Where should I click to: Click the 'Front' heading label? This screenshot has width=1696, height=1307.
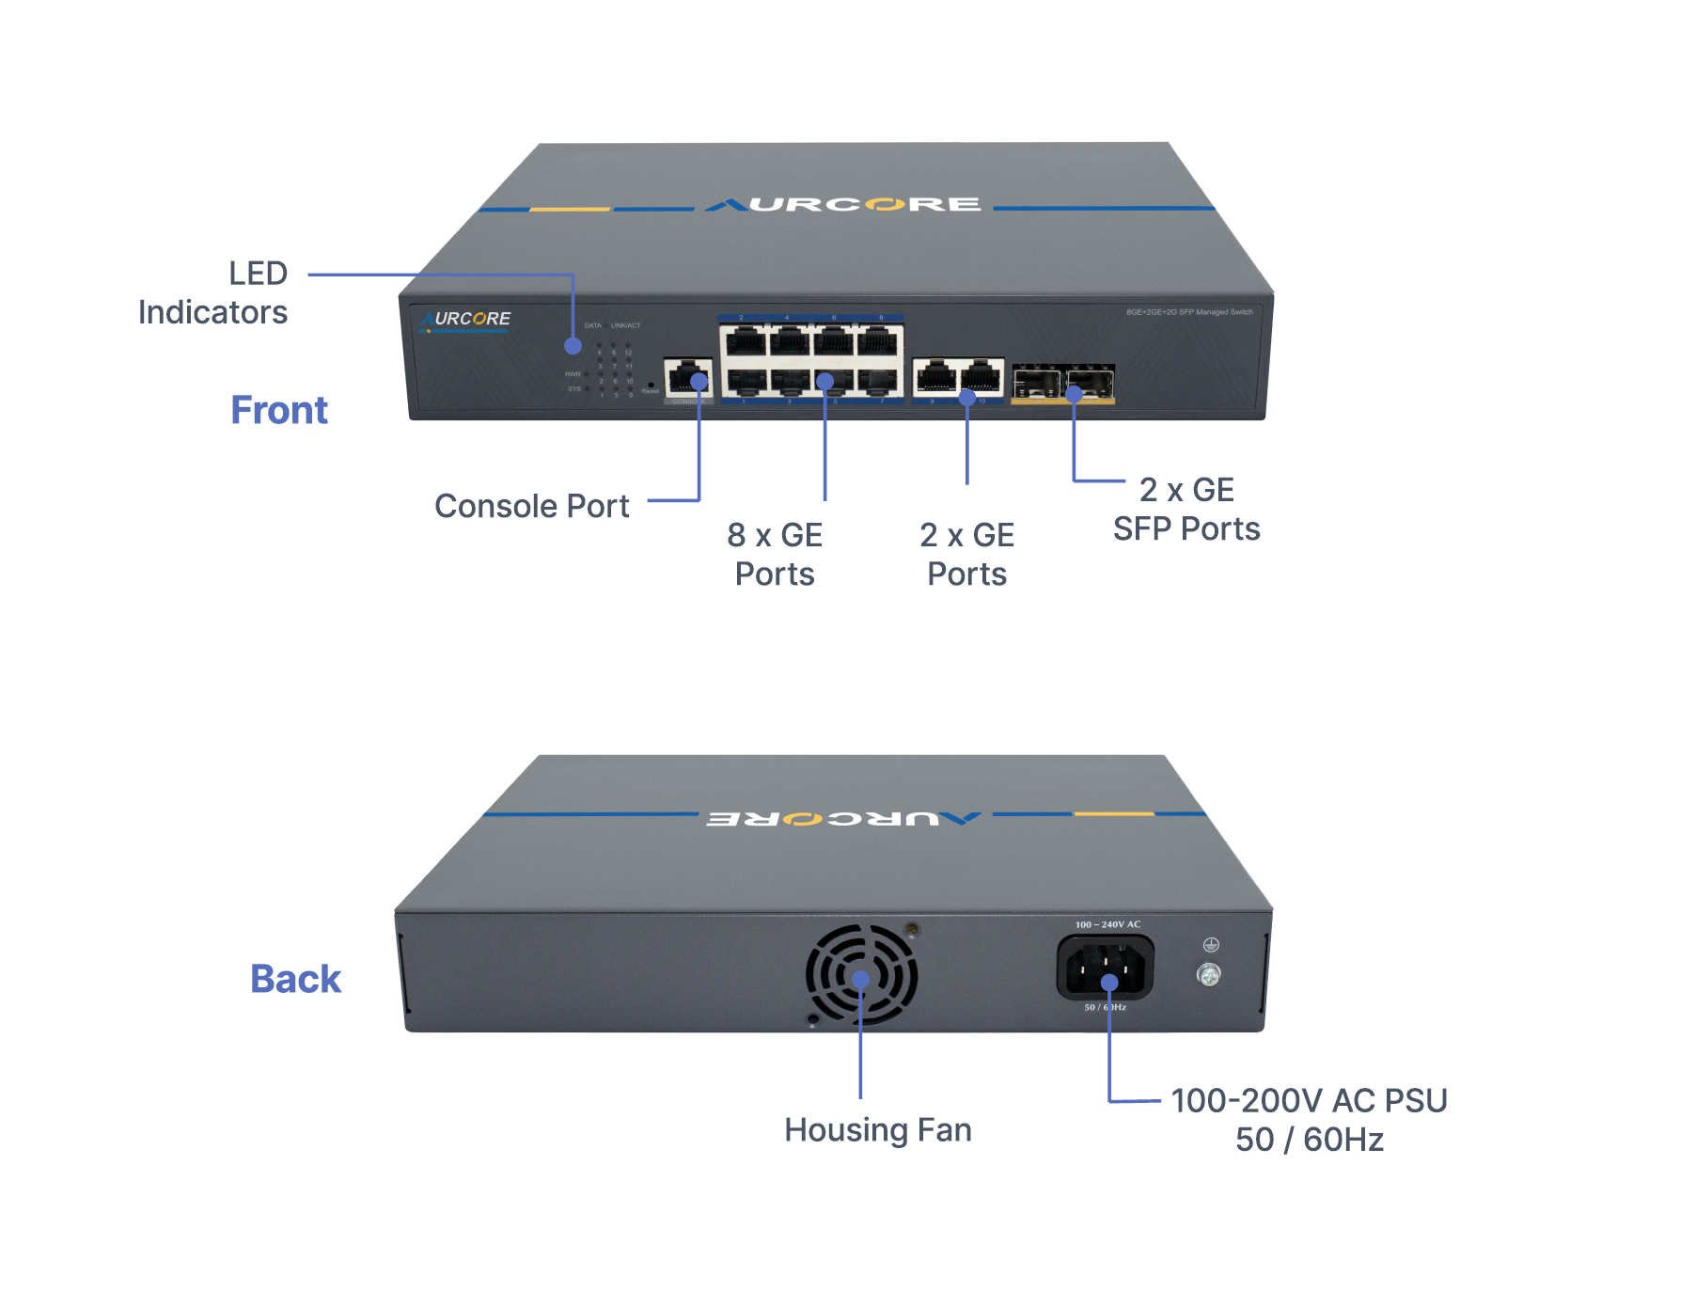pos(279,410)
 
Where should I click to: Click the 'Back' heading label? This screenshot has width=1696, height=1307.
pos(295,979)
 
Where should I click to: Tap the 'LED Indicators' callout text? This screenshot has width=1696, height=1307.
pos(212,292)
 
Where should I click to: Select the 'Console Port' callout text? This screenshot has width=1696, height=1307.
pos(531,506)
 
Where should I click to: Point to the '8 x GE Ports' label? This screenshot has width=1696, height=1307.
pos(775,554)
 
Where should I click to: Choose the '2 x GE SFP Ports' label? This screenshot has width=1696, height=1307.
pos(1186,509)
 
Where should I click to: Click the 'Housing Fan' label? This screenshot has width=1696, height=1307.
pos(877,1129)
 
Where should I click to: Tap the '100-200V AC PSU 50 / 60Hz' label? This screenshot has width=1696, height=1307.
pos(1309,1120)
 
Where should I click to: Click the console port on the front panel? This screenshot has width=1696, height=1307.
pos(687,378)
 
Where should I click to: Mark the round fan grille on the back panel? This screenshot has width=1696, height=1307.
pos(861,974)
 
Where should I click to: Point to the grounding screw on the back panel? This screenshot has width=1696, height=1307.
pos(1209,975)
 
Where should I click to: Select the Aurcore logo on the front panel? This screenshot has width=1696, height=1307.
pos(466,320)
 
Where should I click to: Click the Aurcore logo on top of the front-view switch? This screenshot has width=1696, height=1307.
pos(843,204)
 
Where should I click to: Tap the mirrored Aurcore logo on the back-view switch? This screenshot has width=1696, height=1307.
pos(843,818)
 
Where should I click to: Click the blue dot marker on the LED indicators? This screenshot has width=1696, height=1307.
pos(573,346)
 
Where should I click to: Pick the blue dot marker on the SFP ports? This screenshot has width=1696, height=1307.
pos(1074,395)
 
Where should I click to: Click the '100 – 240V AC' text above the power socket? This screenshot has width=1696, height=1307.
pos(1107,924)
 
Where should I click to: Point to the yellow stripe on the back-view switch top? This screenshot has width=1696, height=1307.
pos(1114,813)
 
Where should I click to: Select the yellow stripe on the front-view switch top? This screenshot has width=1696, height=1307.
pos(570,209)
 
